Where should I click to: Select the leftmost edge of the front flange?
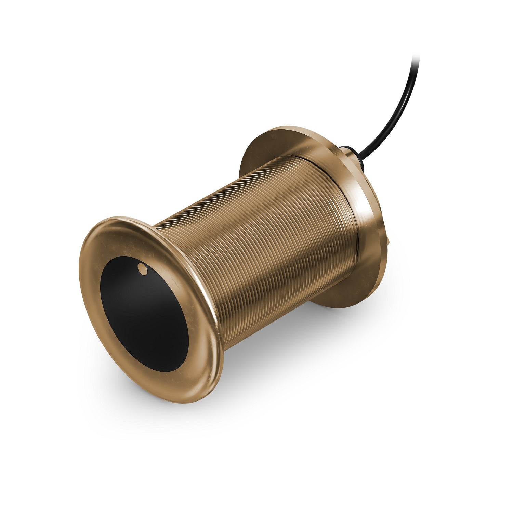[80, 274]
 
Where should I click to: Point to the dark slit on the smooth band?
[356, 239]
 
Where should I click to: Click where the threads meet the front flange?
[178, 239]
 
